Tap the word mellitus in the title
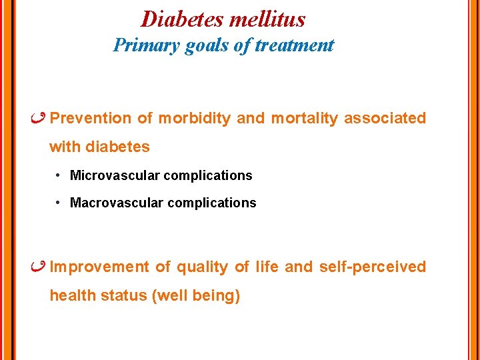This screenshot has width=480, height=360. [267, 19]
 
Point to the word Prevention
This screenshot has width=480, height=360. [91, 119]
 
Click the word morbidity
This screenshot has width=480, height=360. [194, 119]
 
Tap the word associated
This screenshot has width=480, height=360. [385, 119]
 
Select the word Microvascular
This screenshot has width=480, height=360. [114, 175]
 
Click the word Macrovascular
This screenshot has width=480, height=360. [115, 203]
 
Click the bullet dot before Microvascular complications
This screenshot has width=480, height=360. [59, 175]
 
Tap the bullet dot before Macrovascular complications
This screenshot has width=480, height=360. [59, 202]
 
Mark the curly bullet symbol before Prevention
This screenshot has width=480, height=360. [39, 118]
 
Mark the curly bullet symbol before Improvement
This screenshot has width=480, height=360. [39, 267]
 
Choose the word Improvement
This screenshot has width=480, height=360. [99, 267]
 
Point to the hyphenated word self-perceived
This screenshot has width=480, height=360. [372, 267]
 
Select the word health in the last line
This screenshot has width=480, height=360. [73, 296]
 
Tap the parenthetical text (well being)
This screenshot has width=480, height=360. [196, 296]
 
